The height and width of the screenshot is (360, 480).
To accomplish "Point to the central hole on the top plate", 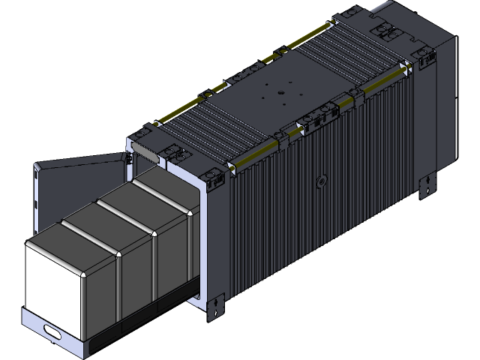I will [x=279, y=92].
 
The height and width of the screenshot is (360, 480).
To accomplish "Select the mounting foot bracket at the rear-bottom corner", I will [x=427, y=184].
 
